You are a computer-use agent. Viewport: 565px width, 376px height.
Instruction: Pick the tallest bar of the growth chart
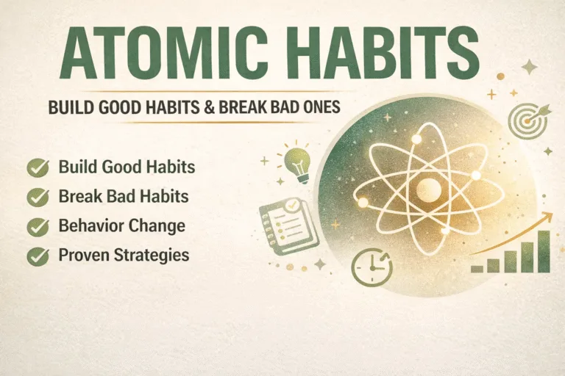tap(543, 252)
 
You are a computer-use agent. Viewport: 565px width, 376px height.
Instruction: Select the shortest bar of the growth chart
tap(477, 269)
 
